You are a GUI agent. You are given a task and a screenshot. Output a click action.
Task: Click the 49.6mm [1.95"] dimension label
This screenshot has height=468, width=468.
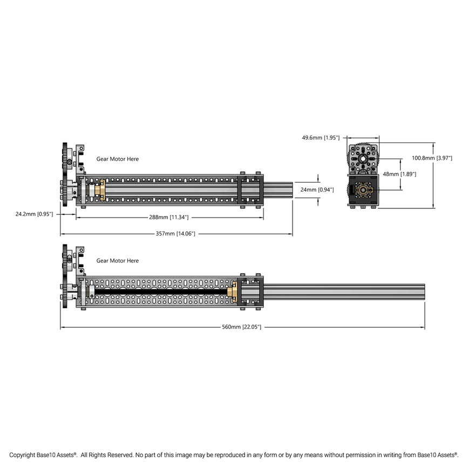pyautogui.click(x=321, y=138)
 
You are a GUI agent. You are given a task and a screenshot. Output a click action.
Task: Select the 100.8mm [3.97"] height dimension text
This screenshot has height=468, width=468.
pyautogui.click(x=432, y=158)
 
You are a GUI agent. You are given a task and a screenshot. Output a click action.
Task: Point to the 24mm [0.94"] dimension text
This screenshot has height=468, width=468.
pyautogui.click(x=317, y=189)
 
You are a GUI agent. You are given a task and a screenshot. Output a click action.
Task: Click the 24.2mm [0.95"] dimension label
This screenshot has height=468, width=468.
pyautogui.click(x=34, y=214)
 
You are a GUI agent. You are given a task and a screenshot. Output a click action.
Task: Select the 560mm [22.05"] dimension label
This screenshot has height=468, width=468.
pyautogui.click(x=242, y=327)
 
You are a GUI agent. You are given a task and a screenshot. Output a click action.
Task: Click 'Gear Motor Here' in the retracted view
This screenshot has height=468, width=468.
pyautogui.click(x=117, y=159)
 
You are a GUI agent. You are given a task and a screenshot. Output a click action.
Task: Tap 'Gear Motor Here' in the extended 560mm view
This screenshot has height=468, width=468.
pyautogui.click(x=117, y=261)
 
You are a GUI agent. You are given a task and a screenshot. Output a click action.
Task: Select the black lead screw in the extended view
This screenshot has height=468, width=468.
pyautogui.click(x=162, y=291)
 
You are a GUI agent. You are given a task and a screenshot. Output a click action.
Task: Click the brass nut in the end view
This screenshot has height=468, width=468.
pyautogui.click(x=363, y=190)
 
